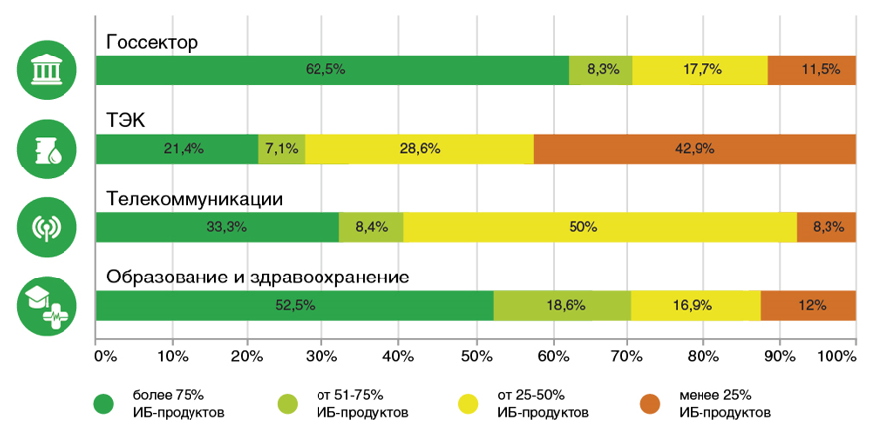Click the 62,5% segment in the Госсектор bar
[x=332, y=70]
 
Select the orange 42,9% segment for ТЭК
[x=695, y=149]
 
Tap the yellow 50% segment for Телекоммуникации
[x=599, y=227]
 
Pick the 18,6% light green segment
[x=562, y=306]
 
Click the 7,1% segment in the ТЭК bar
[x=281, y=149]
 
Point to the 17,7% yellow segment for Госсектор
[x=701, y=70]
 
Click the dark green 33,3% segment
[x=217, y=227]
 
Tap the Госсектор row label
[x=153, y=43]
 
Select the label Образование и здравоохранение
[x=258, y=278]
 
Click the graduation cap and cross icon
[x=45, y=305]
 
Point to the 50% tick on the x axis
[x=476, y=354]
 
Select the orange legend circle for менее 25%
[x=650, y=403]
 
